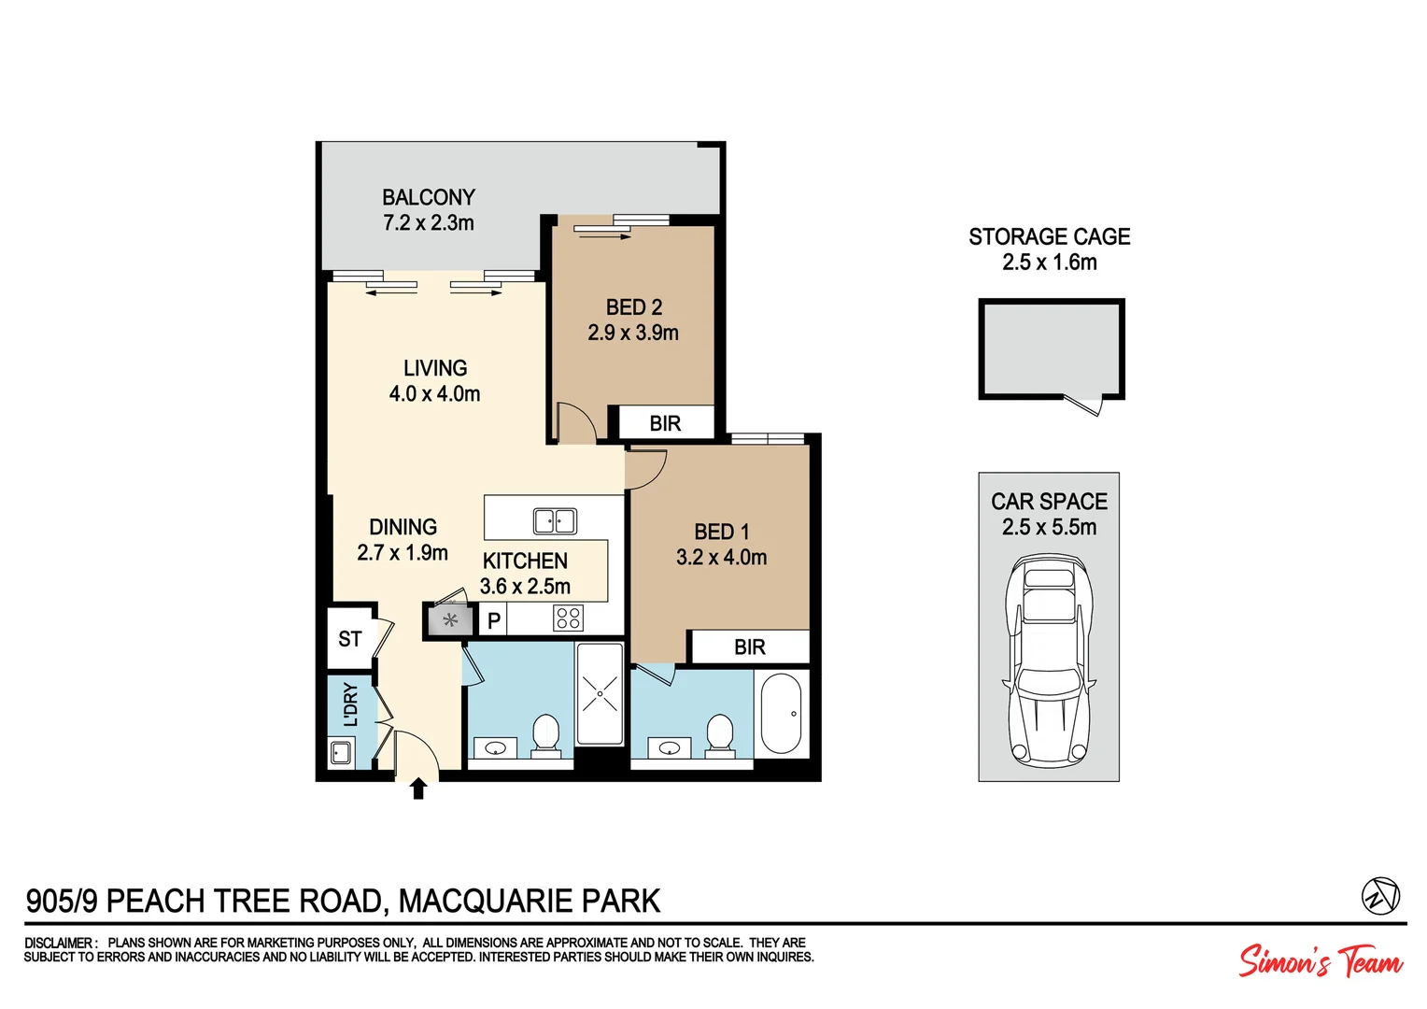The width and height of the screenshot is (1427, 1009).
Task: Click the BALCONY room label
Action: (x=429, y=197)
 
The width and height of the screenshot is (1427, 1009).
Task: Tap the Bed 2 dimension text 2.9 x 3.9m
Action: (x=633, y=333)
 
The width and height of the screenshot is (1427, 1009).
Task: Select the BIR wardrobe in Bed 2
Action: (x=664, y=423)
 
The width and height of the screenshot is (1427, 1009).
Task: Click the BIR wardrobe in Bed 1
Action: (x=749, y=647)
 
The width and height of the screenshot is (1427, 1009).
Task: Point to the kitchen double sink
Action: (x=555, y=520)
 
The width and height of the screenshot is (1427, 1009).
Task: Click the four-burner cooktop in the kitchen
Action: (x=568, y=618)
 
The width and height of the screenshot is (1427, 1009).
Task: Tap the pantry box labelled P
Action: (x=494, y=619)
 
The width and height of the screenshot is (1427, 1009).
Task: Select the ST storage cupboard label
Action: (x=350, y=639)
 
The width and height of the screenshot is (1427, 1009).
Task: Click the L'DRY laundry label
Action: (x=351, y=703)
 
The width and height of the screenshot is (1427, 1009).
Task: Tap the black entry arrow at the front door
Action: (x=418, y=789)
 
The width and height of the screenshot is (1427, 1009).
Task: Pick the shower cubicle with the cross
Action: (x=600, y=693)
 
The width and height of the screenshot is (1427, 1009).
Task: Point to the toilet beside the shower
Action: (x=545, y=732)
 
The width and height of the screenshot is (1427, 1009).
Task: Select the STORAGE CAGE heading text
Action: (x=1049, y=236)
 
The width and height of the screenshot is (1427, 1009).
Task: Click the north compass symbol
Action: (x=1379, y=896)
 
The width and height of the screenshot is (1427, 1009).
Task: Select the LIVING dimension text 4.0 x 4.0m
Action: (x=435, y=394)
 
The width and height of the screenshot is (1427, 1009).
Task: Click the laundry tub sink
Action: (x=341, y=751)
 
